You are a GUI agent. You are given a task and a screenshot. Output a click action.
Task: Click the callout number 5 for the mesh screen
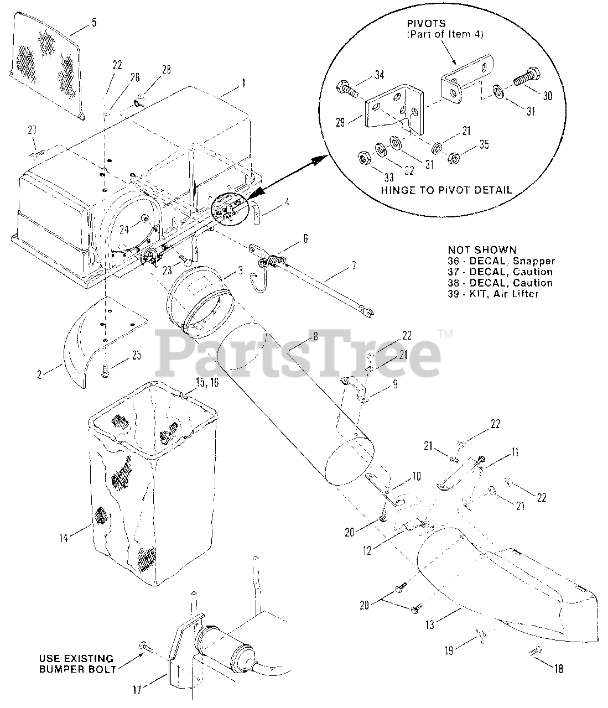[x=93, y=23]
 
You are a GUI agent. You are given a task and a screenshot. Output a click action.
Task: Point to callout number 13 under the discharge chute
[x=430, y=625]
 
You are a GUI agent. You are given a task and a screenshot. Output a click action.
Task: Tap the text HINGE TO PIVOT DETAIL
[x=446, y=189]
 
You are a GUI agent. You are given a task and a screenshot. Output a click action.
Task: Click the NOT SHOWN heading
[x=482, y=250]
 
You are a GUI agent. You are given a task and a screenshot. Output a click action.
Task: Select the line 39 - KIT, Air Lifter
[x=492, y=294]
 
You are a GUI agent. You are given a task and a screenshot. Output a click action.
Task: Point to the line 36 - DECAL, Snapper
[x=501, y=261]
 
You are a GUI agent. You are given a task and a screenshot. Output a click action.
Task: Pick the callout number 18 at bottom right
[x=559, y=668]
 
